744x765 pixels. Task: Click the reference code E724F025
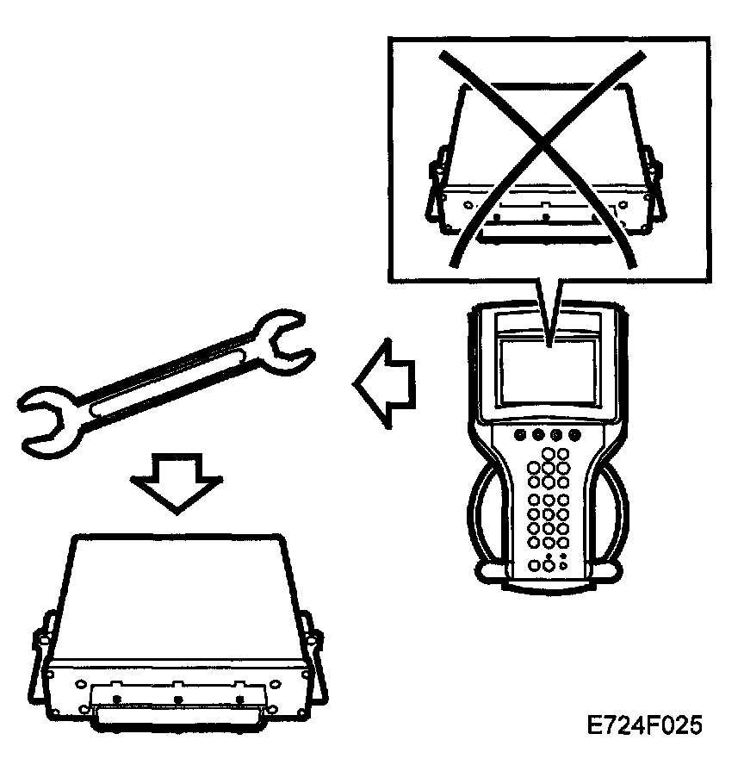(x=644, y=725)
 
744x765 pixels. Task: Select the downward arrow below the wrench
(x=176, y=482)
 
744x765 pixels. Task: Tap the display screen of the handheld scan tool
(x=549, y=370)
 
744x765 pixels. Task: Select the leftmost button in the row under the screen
(x=520, y=435)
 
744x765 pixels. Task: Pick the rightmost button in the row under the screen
(x=574, y=435)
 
